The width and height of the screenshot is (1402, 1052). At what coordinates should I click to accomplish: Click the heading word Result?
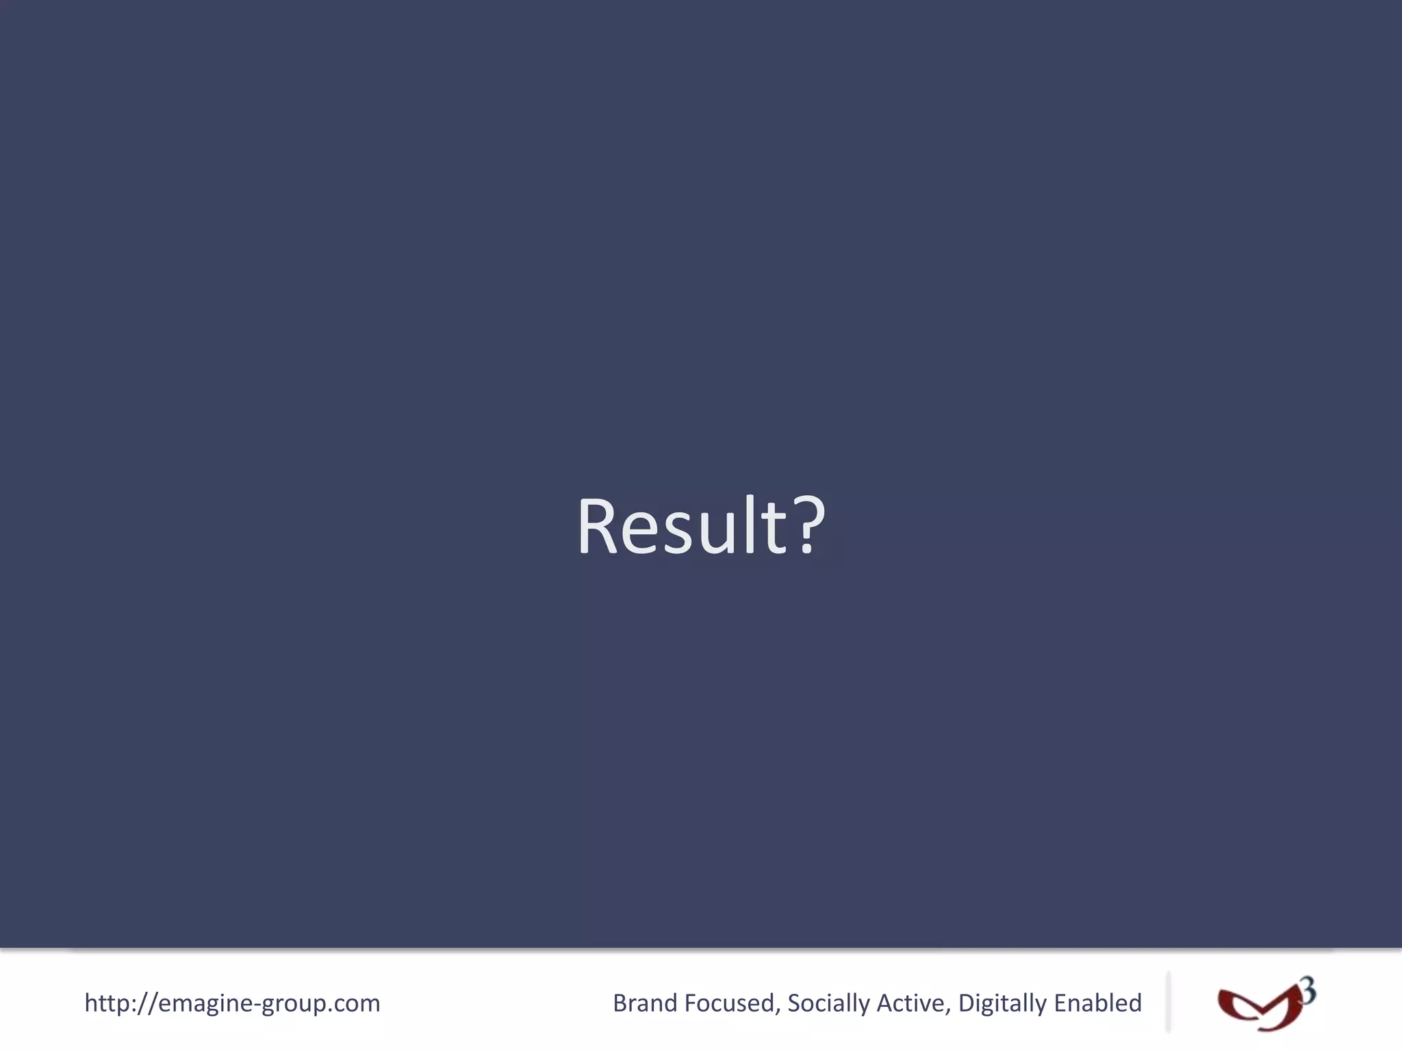coord(701,526)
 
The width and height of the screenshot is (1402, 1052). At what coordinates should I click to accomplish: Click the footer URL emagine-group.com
coord(232,1003)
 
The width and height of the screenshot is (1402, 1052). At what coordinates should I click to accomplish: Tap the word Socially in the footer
coord(828,1003)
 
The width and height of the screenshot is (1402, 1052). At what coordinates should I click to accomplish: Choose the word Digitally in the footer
coord(1002,1003)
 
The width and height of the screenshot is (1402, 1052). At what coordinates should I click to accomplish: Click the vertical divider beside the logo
coord(1169,1001)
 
